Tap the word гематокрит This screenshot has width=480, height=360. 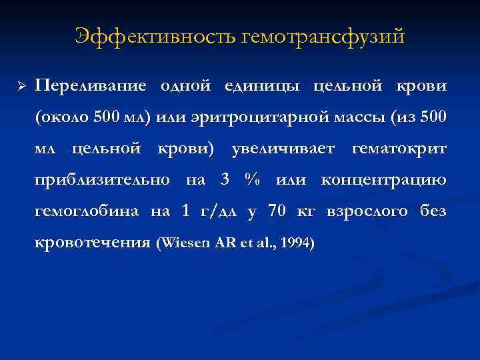399,149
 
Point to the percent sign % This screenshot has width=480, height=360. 251,180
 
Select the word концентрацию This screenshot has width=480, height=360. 385,180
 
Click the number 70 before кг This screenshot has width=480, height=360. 276,211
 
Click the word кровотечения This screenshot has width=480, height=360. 92,243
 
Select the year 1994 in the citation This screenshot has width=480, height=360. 295,243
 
